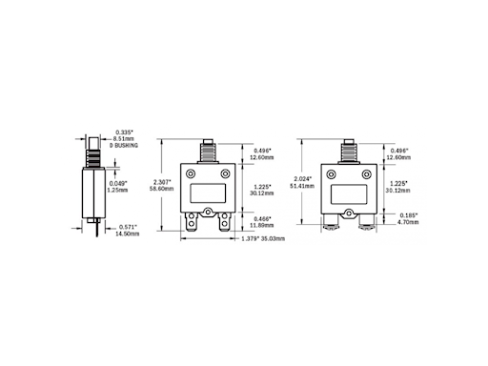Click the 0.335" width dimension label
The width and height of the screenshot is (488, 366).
pos(124,132)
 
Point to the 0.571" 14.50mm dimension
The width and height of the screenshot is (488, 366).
pos(128,230)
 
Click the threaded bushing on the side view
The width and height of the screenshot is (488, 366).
pos(93,153)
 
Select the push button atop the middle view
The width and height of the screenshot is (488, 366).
pos(209,151)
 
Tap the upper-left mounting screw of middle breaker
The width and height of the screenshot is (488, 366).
pos(192,174)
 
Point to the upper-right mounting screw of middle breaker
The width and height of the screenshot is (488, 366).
pos(226,174)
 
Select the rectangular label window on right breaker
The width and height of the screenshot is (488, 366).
pos(349,192)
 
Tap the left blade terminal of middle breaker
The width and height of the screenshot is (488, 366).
pos(194,224)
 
